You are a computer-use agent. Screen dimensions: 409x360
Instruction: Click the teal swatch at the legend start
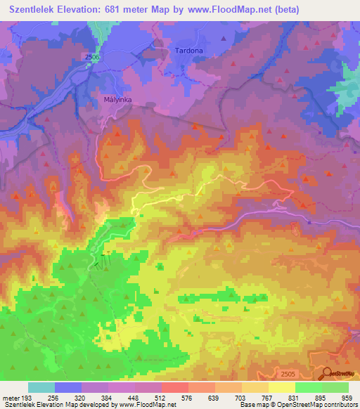(x=41, y=387)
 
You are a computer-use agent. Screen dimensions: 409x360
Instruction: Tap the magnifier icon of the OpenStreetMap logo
(x=328, y=373)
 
